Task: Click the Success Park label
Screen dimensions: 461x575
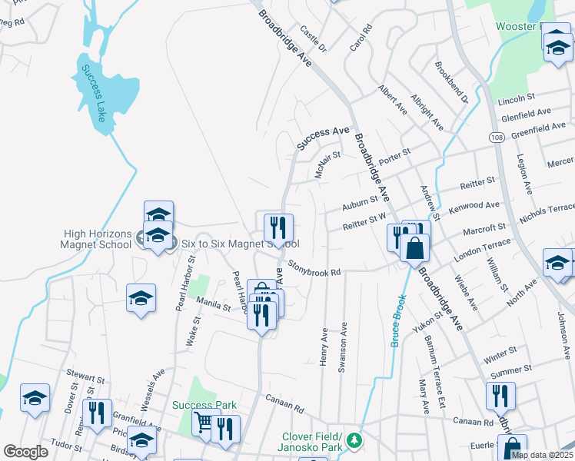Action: click(204, 405)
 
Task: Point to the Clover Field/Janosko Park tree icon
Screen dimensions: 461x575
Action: click(354, 441)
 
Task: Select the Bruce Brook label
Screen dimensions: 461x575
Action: click(397, 320)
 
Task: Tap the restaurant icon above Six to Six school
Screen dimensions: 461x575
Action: click(278, 227)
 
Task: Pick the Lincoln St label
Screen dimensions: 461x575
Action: click(516, 99)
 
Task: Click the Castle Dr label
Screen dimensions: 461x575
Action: click(314, 39)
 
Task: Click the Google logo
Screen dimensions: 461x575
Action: click(25, 452)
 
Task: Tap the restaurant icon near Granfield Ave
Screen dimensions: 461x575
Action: click(98, 413)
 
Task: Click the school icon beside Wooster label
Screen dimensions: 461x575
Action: click(558, 48)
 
